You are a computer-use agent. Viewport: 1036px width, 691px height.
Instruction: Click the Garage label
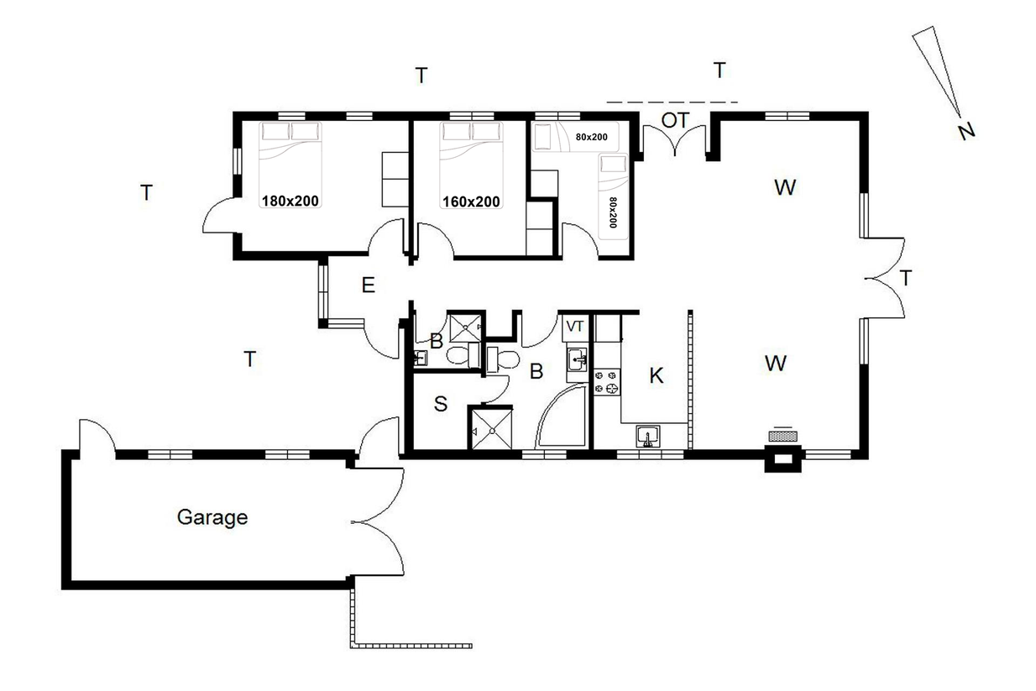212,518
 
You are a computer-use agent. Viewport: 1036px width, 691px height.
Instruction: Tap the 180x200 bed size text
290,201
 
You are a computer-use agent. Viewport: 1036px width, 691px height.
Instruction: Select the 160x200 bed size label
471,202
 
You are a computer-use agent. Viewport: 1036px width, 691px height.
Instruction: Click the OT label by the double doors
675,120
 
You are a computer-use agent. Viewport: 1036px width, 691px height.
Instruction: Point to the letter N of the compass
966,131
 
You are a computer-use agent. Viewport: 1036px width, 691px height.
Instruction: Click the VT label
575,327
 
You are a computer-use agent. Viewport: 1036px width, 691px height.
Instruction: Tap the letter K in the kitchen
657,375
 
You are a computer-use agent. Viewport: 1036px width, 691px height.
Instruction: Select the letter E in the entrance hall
369,285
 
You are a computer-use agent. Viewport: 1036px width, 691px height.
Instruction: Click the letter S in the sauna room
441,404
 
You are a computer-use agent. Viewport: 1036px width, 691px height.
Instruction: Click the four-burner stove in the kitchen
607,382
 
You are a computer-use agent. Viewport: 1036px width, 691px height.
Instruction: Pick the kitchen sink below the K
647,437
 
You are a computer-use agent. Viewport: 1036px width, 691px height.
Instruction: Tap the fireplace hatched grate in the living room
783,436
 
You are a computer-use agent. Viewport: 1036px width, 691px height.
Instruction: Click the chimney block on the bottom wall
782,458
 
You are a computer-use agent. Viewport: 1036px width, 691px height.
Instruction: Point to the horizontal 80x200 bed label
592,137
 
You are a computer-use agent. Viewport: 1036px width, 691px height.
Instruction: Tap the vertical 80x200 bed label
613,212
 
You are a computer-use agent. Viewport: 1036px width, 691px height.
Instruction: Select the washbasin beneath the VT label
578,359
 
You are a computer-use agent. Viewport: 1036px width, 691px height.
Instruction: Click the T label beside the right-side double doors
905,279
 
